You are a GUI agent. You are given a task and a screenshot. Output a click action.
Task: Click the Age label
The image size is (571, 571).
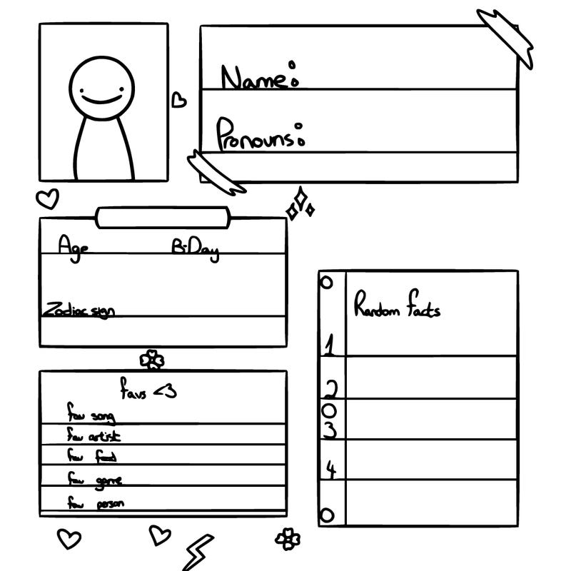coord(74,246)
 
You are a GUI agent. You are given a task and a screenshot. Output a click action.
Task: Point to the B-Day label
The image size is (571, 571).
coord(195,249)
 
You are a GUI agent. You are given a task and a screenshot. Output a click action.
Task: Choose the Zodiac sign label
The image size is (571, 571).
coord(79,310)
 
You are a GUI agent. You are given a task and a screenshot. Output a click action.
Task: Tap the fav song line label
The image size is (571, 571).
coord(91,414)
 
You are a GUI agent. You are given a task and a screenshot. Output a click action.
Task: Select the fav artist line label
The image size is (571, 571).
coord(94,435)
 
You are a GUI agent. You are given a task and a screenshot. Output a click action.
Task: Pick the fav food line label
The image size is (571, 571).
coord(92,455)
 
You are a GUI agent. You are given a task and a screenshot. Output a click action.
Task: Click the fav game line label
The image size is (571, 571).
coord(94,478)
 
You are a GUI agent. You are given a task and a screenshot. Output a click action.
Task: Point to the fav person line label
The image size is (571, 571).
coord(96,502)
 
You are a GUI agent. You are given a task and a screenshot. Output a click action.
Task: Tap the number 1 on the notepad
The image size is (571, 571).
coord(329,346)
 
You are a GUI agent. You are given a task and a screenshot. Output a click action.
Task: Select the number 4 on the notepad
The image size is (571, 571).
coord(331,469)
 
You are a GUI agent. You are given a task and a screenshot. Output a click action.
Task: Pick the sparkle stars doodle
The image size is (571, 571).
coord(300,204)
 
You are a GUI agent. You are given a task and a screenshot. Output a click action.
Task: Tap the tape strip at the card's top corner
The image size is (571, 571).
coord(505,38)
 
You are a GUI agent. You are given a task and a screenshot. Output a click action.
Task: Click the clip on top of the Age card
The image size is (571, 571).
coord(163,217)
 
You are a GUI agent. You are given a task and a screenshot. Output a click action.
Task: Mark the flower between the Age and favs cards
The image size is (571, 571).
coord(151,360)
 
